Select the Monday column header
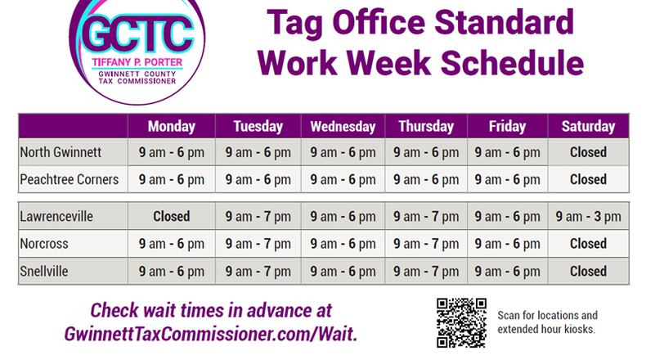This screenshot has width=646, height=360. [x=172, y=127]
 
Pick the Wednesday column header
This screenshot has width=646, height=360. [x=343, y=127]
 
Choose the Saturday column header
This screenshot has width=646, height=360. [x=588, y=127]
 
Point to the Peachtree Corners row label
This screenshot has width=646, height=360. [x=70, y=179]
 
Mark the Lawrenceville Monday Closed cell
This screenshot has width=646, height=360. [x=172, y=217]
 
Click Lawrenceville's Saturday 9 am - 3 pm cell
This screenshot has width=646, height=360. [x=588, y=217]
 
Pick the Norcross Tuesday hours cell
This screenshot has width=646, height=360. [x=258, y=243]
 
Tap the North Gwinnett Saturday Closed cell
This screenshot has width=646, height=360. [x=588, y=152]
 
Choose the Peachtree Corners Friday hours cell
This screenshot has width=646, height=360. [x=507, y=179]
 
